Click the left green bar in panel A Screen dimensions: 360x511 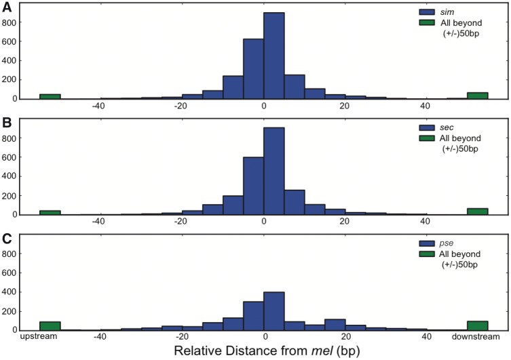[50, 96]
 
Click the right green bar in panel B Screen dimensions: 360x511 [478, 212]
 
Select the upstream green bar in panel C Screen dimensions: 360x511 [50, 326]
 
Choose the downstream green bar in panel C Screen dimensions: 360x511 [478, 326]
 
